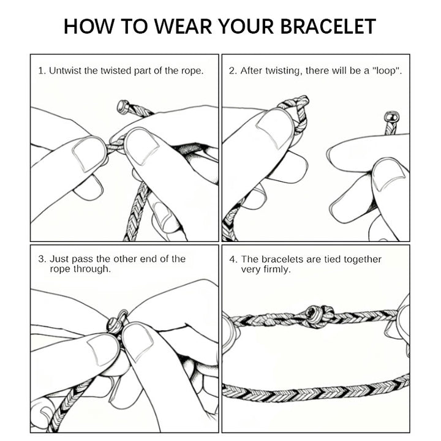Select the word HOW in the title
click(x=90, y=27)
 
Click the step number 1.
click(x=41, y=70)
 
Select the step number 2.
click(x=232, y=70)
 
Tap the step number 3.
click(x=41, y=259)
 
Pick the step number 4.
click(x=232, y=259)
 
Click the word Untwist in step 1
click(x=65, y=70)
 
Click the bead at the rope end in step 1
click(x=123, y=107)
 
